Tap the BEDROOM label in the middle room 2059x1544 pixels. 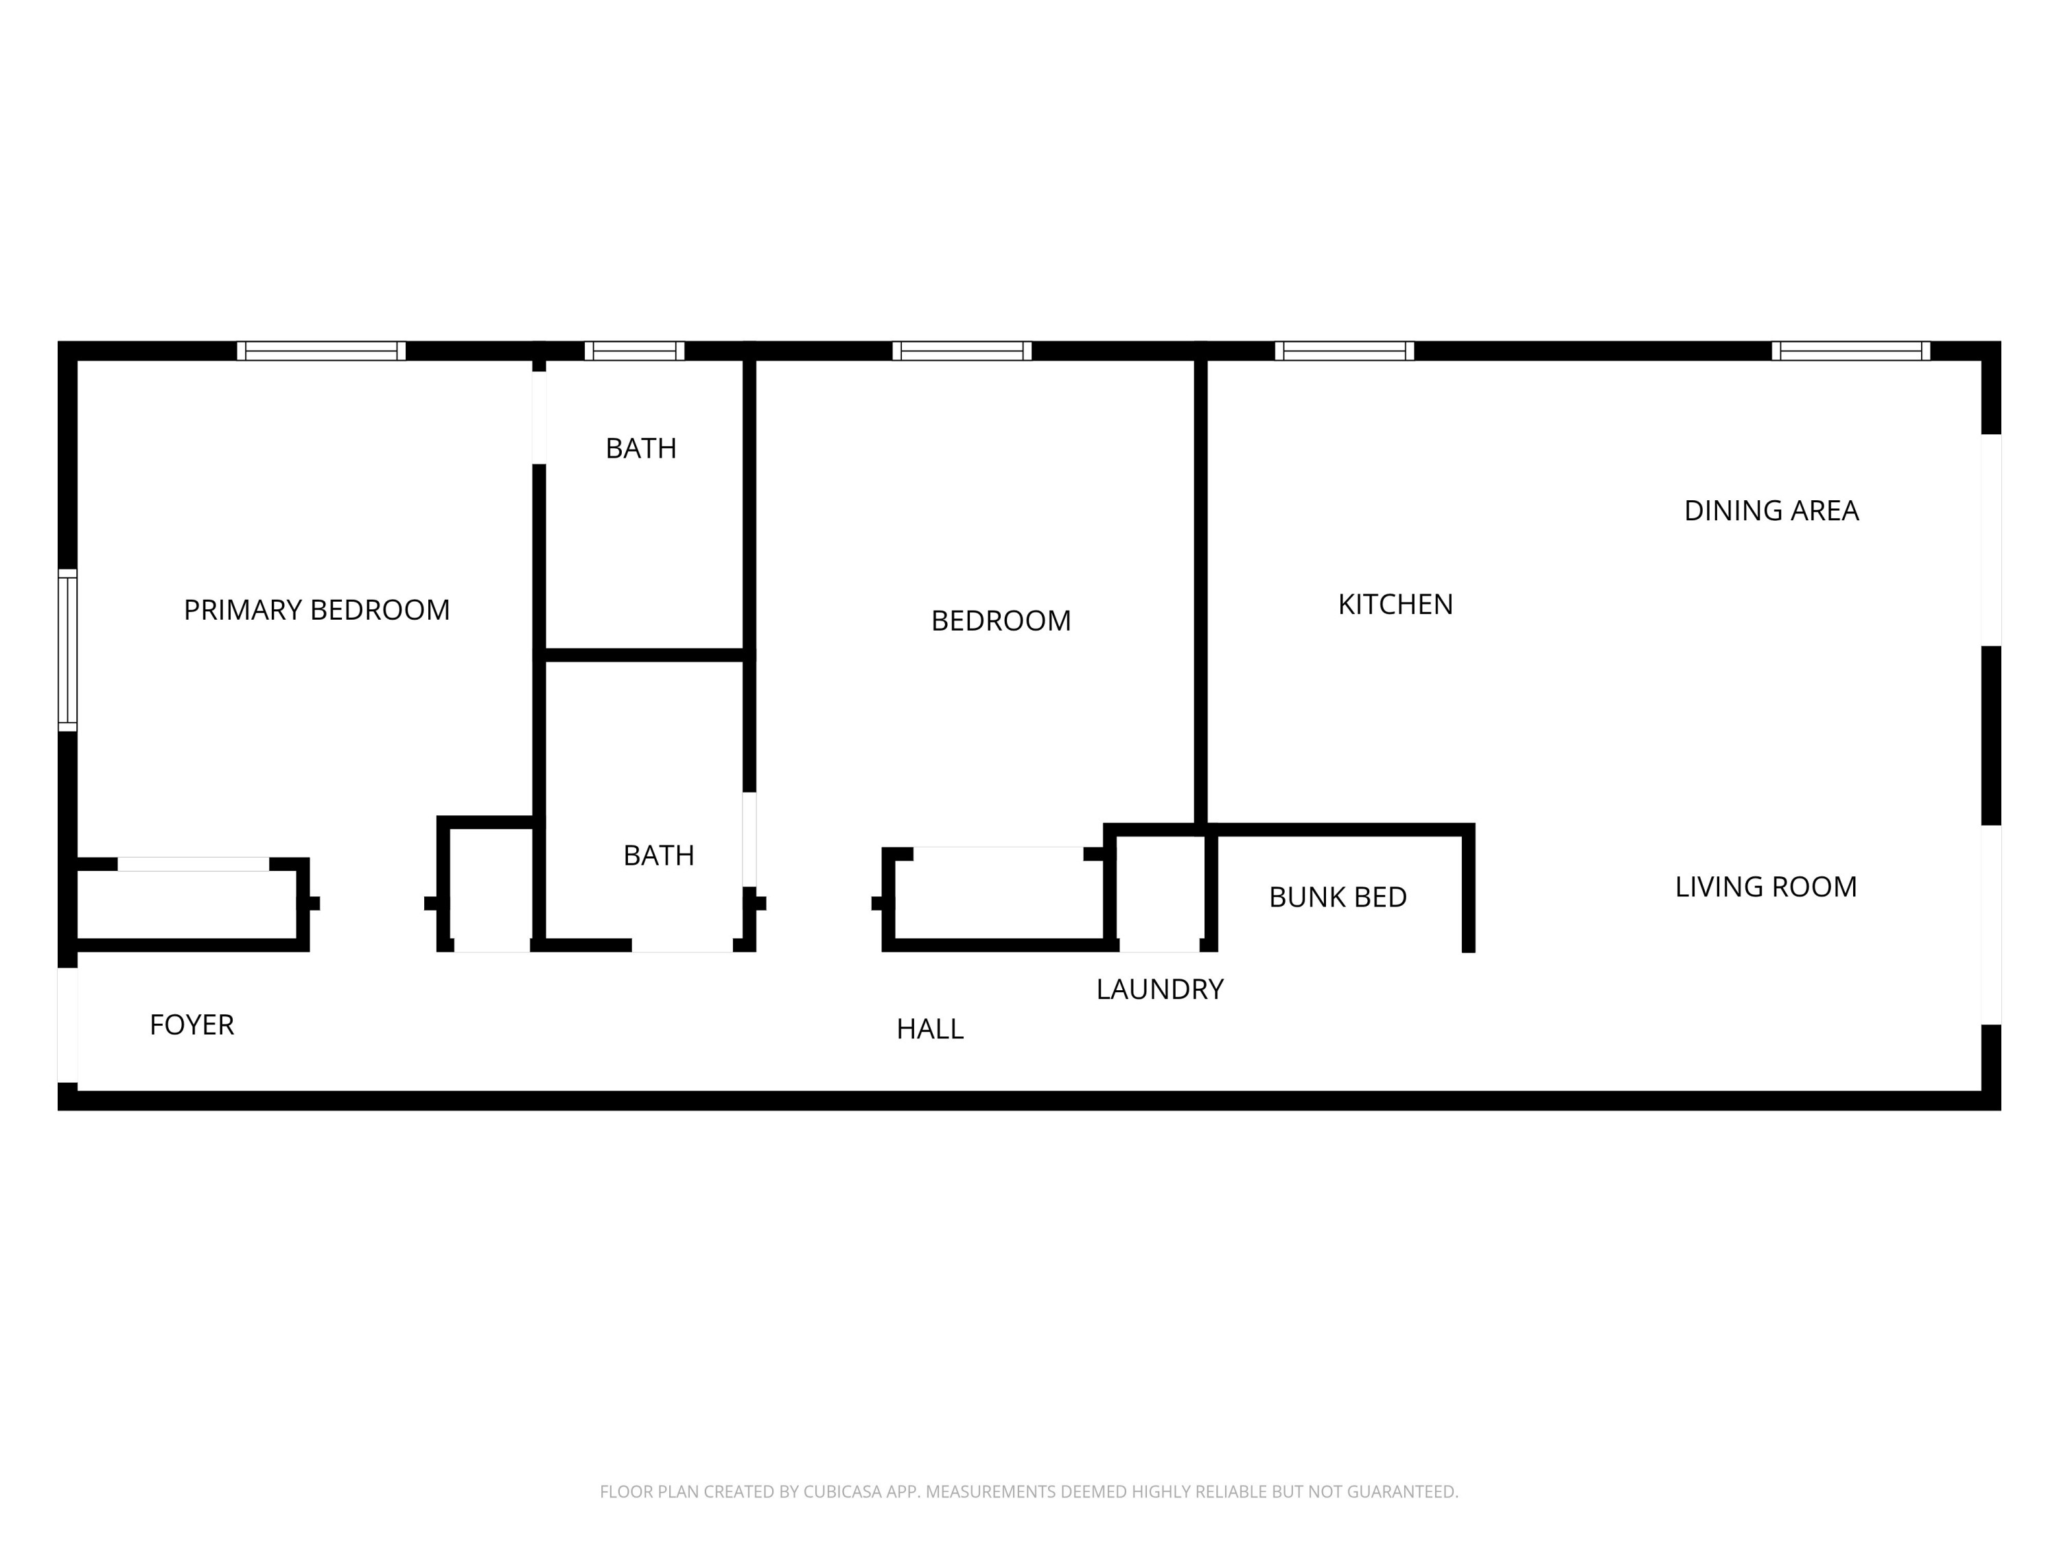click(1001, 621)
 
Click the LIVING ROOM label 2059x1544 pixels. click(1765, 887)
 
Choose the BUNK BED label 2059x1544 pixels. click(1337, 897)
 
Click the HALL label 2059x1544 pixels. click(929, 1029)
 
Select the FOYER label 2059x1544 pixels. click(191, 1025)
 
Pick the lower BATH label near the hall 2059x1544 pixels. click(658, 855)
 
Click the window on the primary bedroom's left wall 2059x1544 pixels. click(67, 650)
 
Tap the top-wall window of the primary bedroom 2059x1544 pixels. click(321, 351)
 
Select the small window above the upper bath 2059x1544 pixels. click(634, 351)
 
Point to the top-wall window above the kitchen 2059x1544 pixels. click(1343, 351)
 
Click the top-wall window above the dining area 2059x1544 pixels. click(1850, 351)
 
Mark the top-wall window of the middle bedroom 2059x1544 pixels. click(962, 351)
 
